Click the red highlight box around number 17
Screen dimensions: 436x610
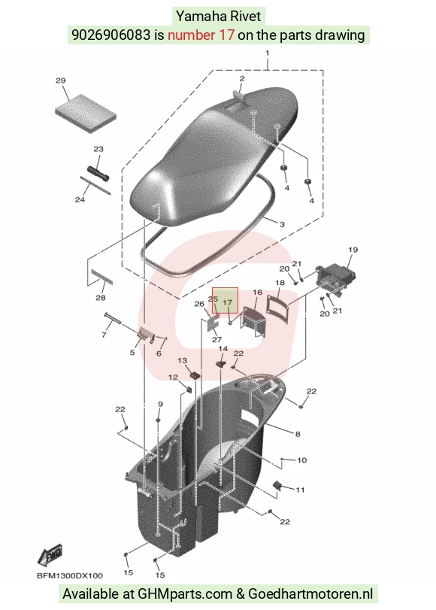tap(225, 301)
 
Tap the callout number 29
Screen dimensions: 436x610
tap(60, 81)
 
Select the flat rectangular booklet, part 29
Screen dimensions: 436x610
tap(86, 114)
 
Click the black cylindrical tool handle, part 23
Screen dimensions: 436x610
tap(98, 175)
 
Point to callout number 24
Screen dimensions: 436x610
tap(80, 199)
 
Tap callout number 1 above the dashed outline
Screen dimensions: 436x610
tap(267, 53)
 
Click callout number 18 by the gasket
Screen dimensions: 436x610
tap(280, 283)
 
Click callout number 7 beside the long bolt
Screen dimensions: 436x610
tap(104, 335)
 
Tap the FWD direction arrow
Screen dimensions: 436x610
tap(50, 555)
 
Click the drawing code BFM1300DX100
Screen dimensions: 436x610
tap(70, 575)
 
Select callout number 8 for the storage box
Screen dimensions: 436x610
tap(298, 434)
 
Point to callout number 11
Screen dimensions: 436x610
tap(300, 490)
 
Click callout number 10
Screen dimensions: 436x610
tap(301, 460)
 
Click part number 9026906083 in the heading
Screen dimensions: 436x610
tap(111, 35)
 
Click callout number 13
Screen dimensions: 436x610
tap(183, 360)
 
